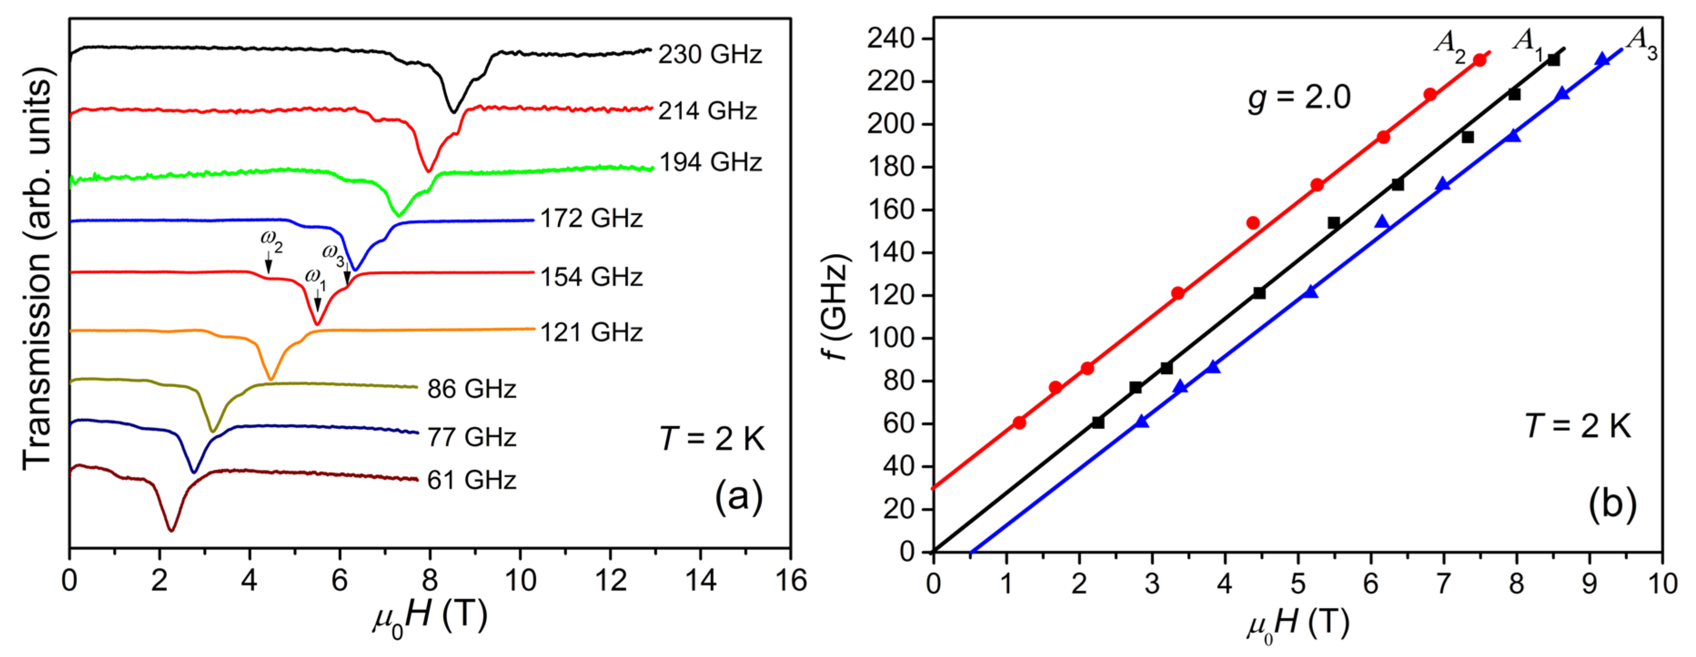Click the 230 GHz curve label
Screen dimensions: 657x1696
coord(710,54)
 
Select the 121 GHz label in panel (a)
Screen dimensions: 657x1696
coord(591,333)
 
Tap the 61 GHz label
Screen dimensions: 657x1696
coord(471,480)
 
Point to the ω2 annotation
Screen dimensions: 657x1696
coord(271,241)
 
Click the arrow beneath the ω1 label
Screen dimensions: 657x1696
coord(318,304)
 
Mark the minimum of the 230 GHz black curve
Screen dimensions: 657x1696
coord(453,112)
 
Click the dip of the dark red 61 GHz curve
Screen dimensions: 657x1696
coord(172,530)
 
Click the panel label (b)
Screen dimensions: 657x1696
coord(1612,505)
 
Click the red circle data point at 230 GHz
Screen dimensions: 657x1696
coord(1480,60)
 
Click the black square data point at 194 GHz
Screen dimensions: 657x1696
coord(1468,137)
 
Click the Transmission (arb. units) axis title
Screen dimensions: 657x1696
coord(37,273)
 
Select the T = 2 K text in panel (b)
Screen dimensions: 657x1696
coord(1578,427)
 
